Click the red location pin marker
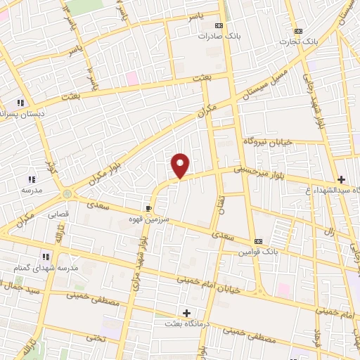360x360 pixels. (181, 165)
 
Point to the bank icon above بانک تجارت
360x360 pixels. (298, 31)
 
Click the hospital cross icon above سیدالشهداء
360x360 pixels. (342, 179)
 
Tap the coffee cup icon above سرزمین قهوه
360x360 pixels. (148, 208)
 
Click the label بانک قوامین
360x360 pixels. (258, 251)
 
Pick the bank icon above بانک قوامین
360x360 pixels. (258, 240)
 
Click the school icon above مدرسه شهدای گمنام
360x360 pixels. (46, 257)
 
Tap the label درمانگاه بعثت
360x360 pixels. (186, 323)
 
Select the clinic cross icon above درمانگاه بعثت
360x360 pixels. (186, 312)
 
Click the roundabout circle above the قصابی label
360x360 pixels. (67, 193)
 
